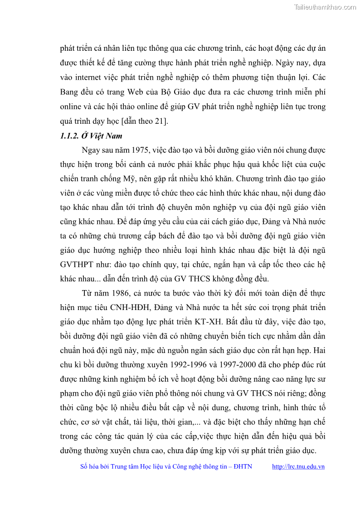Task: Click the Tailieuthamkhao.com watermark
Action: [325, 7]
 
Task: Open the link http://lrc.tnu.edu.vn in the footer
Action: [298, 466]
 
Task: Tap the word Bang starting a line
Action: [69, 92]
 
